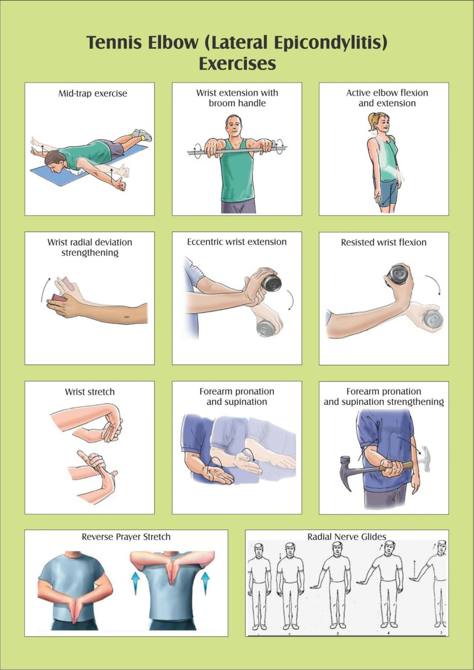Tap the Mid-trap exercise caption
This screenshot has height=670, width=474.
coord(93,94)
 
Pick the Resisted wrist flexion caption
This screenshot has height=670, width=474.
coord(384,242)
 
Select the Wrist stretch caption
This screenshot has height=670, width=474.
coord(90,392)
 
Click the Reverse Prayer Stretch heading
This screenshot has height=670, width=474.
coord(126,537)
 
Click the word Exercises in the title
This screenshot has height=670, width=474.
coord(237,64)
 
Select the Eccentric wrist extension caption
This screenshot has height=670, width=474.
coord(237,242)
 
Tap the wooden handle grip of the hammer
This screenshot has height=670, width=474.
coord(393,468)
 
